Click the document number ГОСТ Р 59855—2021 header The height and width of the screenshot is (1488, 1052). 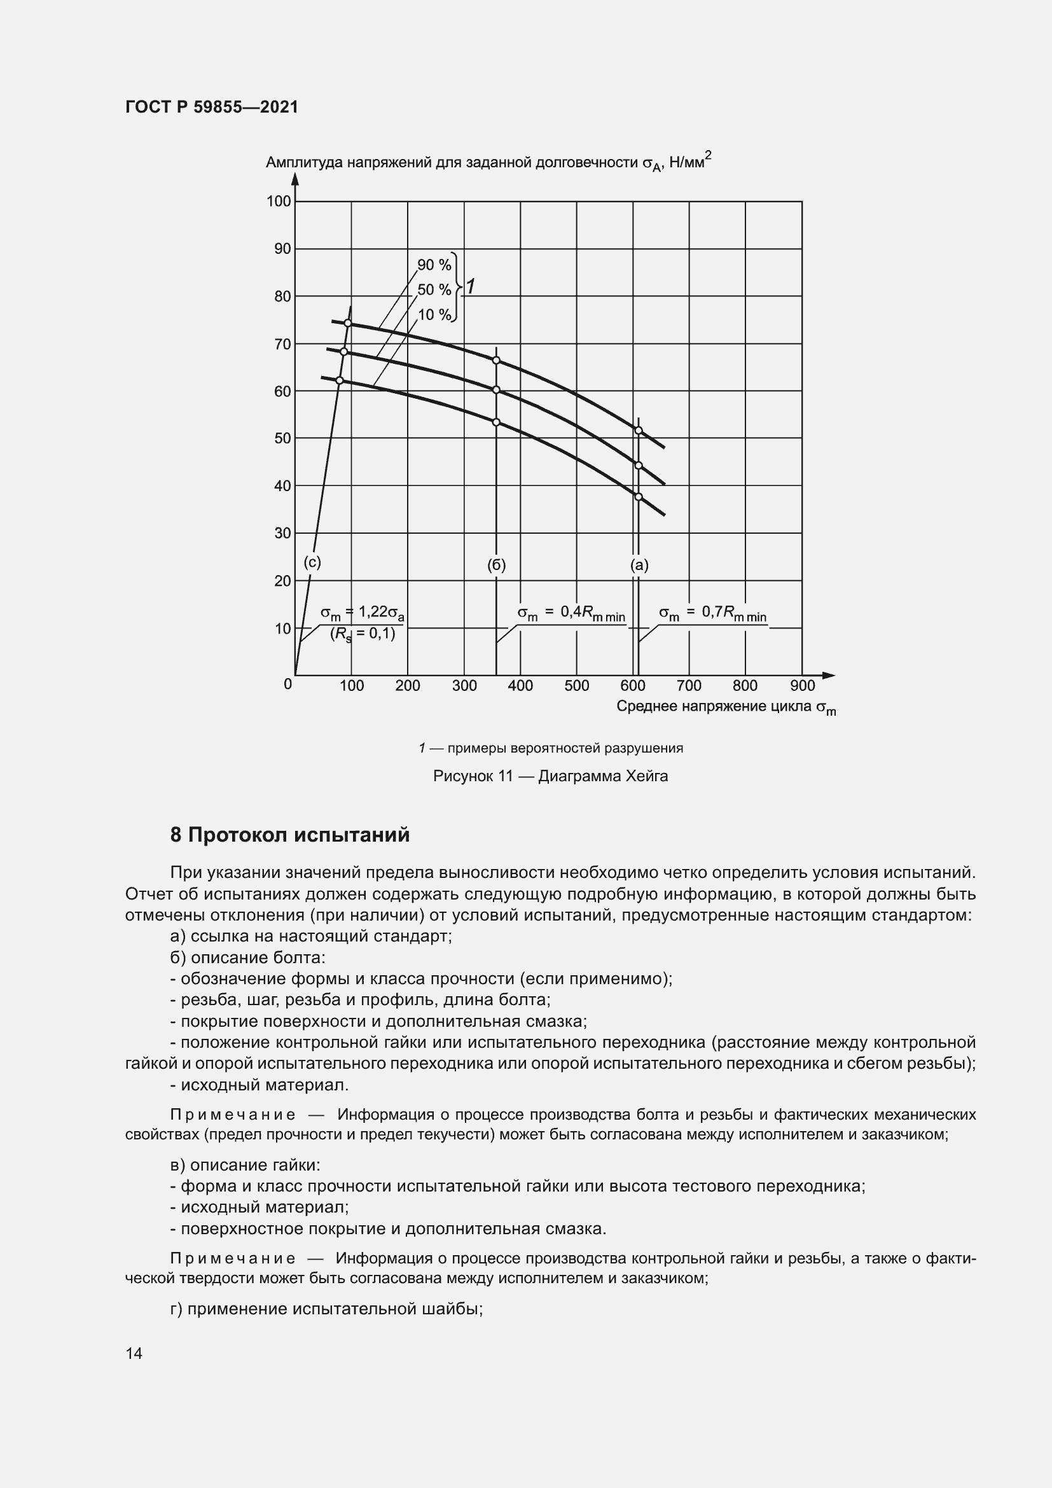tap(212, 108)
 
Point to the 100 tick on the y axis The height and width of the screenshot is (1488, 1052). tap(279, 202)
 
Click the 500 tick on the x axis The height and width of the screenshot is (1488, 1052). tap(576, 686)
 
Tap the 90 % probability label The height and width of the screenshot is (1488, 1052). tap(434, 265)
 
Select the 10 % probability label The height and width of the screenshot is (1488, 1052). tap(434, 315)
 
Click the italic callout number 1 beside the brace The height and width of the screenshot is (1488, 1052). tap(470, 286)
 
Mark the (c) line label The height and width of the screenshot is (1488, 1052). tap(312, 562)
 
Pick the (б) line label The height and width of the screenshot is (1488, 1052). tap(496, 565)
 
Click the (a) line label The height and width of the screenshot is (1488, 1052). tap(639, 565)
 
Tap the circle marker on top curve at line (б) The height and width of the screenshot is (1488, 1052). tap(496, 360)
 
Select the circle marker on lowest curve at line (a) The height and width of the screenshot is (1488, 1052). tap(638, 497)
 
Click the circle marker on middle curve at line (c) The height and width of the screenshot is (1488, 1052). tap(344, 352)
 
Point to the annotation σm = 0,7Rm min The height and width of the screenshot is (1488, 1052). tap(712, 613)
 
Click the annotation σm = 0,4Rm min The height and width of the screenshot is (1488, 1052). tap(571, 613)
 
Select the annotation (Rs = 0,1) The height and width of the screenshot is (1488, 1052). tap(363, 634)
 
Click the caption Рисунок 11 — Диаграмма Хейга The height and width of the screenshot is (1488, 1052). tap(550, 775)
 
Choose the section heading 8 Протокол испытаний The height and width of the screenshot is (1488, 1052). tap(289, 835)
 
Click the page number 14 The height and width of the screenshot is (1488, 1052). tap(134, 1353)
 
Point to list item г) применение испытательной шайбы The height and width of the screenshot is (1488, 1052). tap(326, 1309)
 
